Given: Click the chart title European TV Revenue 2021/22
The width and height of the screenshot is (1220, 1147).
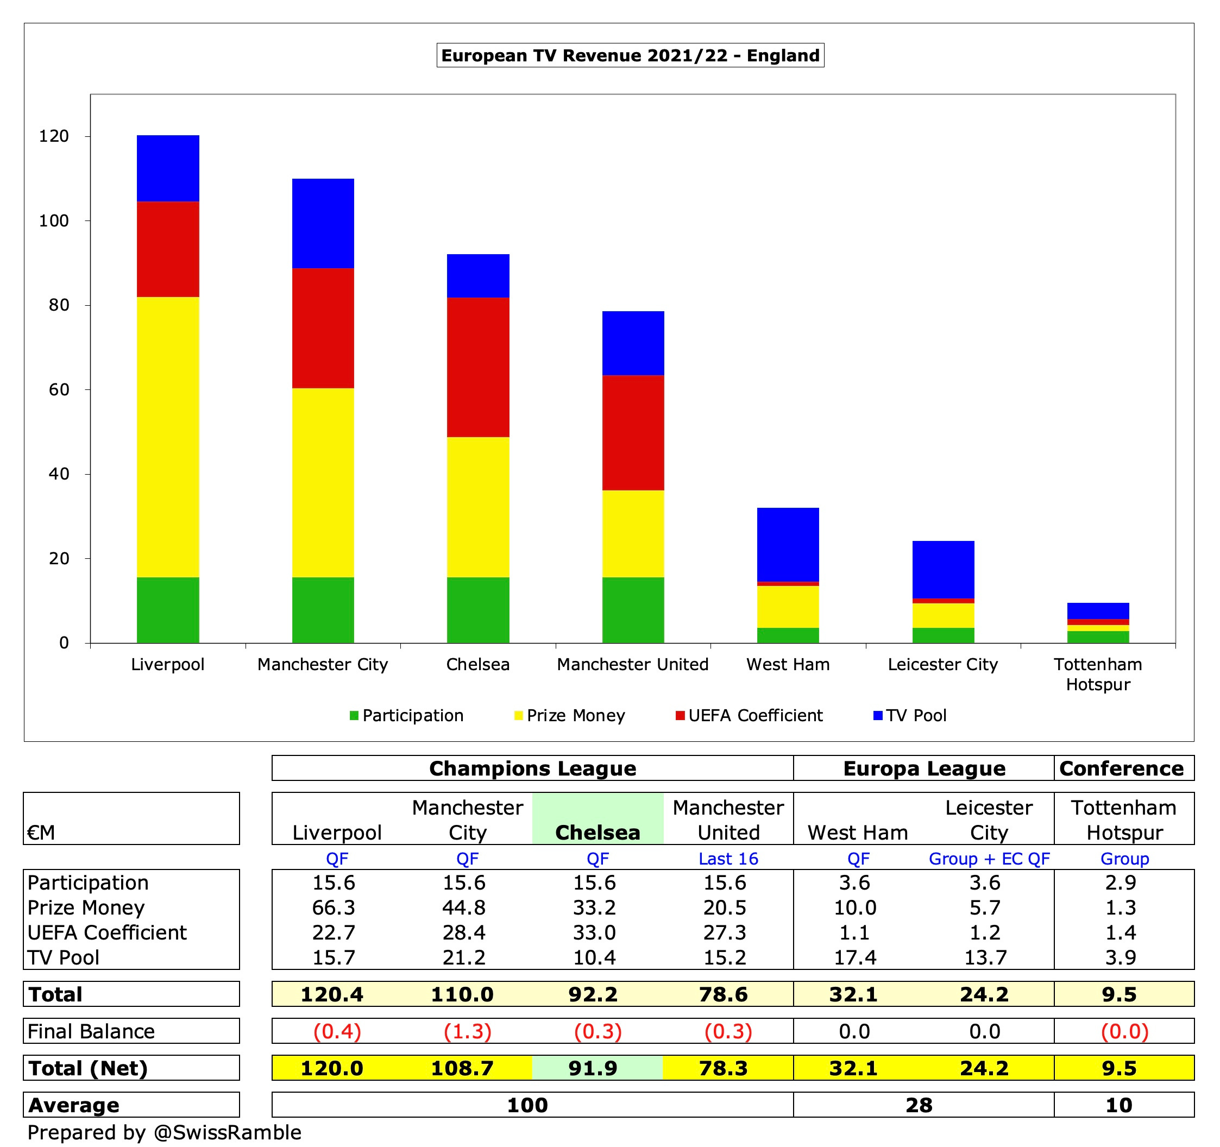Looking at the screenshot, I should pyautogui.click(x=630, y=55).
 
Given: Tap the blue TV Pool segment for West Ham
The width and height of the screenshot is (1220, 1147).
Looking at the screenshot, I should pyautogui.click(x=788, y=544).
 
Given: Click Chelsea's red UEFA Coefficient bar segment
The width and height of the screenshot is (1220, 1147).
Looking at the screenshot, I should pyautogui.click(x=477, y=367).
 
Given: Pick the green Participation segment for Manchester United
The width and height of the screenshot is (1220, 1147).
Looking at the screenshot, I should pyautogui.click(x=633, y=609).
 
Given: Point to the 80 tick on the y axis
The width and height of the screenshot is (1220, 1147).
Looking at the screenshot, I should pyautogui.click(x=59, y=305).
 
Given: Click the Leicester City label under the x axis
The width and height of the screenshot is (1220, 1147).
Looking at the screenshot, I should pyautogui.click(x=942, y=664).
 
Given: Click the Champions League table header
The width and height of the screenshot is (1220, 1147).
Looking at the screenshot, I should pyautogui.click(x=532, y=768).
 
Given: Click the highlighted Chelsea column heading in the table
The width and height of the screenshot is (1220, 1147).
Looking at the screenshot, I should pyautogui.click(x=597, y=831).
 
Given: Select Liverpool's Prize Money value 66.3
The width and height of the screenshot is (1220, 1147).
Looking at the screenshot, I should pyautogui.click(x=333, y=907).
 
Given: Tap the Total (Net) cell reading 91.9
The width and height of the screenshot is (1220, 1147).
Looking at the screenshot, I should pyautogui.click(x=592, y=1068).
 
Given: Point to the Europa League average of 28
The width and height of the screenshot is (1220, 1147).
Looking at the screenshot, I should pyautogui.click(x=918, y=1105).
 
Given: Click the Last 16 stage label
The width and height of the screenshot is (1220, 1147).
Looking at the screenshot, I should pyautogui.click(x=728, y=859).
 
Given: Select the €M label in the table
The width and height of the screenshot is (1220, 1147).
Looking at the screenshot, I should pyautogui.click(x=41, y=831).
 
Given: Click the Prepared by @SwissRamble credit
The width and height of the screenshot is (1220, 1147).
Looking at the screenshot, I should pyautogui.click(x=165, y=1132).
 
